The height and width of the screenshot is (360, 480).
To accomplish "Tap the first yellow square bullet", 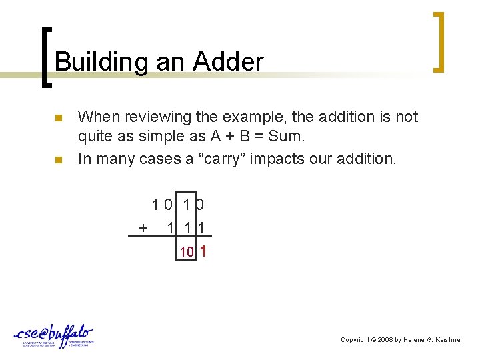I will (x=59, y=119).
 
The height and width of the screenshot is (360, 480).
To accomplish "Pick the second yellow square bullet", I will (x=59, y=160).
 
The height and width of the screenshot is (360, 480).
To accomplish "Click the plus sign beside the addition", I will (x=143, y=228).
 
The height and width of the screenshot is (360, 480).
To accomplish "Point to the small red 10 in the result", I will (x=187, y=252).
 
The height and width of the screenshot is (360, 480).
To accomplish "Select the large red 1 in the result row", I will (x=203, y=251).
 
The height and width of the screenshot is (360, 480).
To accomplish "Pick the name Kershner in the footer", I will (x=448, y=340).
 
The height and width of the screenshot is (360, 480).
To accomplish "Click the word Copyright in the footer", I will (x=356, y=340).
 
